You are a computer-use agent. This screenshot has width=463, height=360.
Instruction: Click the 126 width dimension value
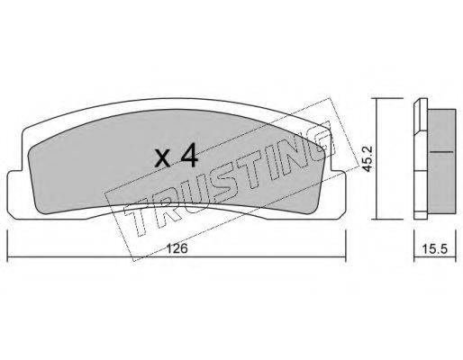pyautogui.click(x=177, y=248)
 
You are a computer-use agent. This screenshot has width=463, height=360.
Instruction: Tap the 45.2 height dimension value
pyautogui.click(x=367, y=163)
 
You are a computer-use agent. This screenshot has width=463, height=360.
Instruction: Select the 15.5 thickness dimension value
pyautogui.click(x=435, y=248)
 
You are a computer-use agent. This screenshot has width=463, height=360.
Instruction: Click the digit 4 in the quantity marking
pyautogui.click(x=189, y=155)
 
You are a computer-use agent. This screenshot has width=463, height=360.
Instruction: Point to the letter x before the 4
pyautogui.click(x=163, y=158)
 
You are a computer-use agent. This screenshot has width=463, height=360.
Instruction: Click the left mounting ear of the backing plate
pyautogui.click(x=14, y=195)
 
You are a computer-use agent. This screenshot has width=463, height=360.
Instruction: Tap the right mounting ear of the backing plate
pyautogui.click(x=339, y=195)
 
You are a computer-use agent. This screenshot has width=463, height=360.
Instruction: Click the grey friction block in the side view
pyautogui.click(x=441, y=161)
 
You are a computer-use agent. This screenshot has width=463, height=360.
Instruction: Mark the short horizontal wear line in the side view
pyautogui.click(x=441, y=152)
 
